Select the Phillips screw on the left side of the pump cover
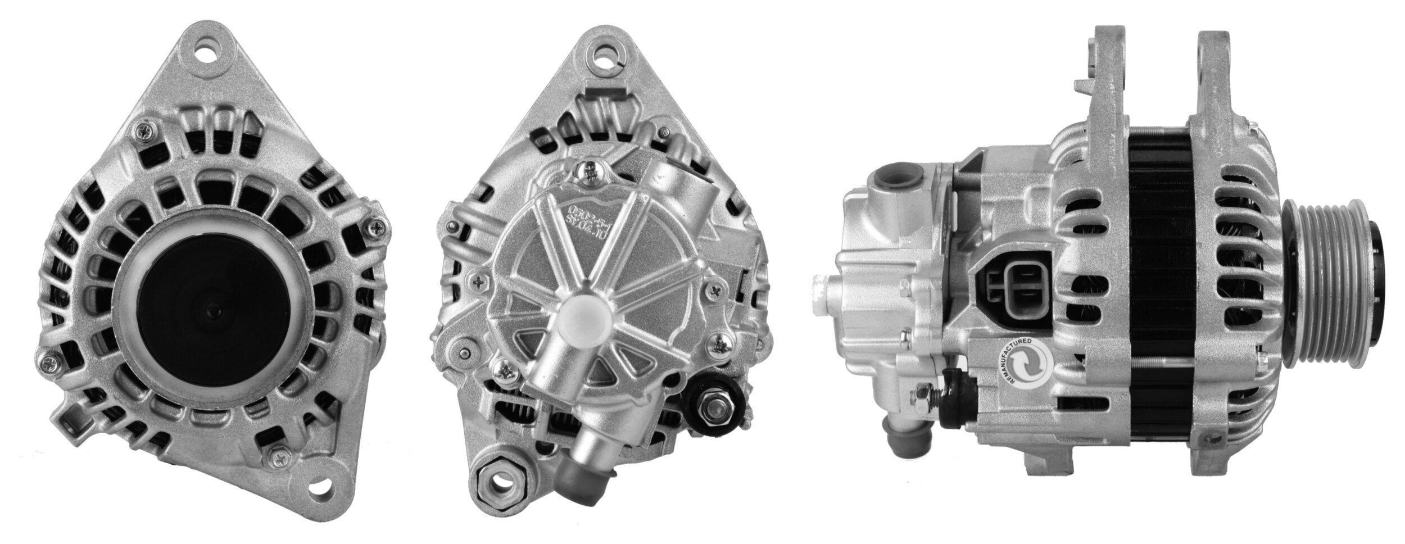(478, 280)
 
